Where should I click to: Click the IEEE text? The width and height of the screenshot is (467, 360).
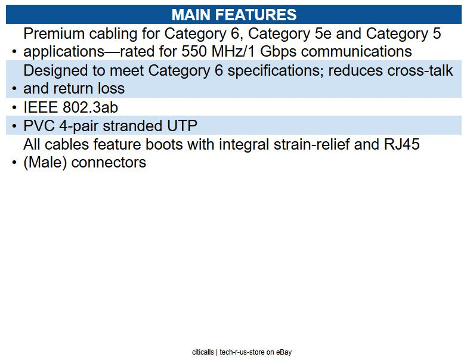tap(42, 107)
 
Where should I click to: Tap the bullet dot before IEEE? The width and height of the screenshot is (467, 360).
tap(14, 108)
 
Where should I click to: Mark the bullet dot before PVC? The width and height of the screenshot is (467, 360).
tap(14, 127)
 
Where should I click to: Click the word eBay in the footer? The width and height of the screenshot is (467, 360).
tap(283, 352)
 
